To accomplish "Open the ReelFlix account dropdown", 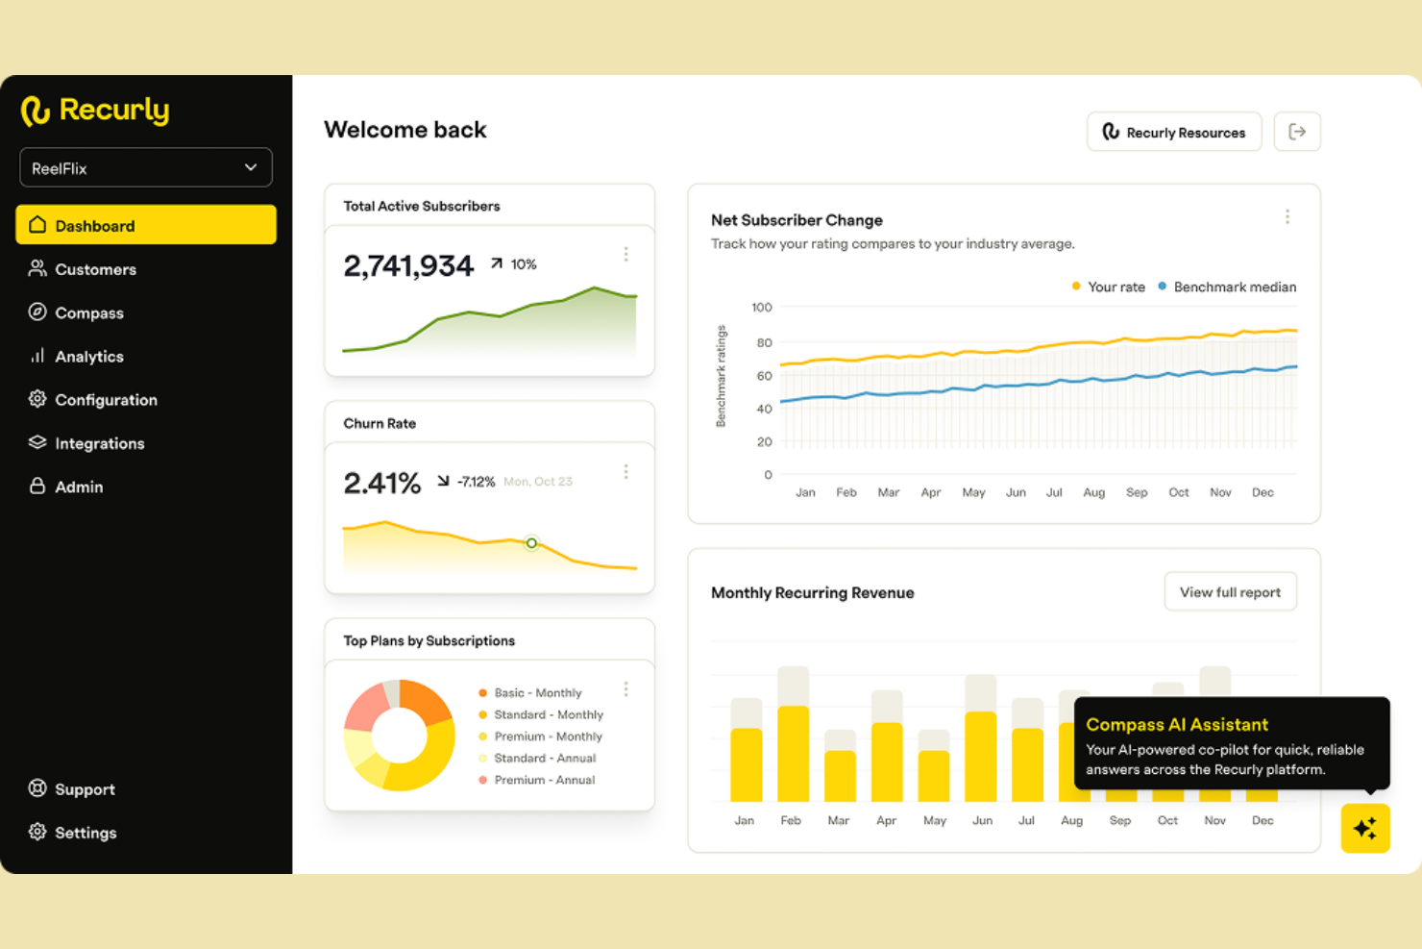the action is (146, 167).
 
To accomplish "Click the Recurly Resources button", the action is (1174, 132).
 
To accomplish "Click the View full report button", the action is (1230, 592).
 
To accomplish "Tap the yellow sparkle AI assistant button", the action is (1365, 828).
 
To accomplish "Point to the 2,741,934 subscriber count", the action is (408, 265).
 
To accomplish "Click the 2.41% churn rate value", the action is (382, 483).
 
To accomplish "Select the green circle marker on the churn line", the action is (531, 543).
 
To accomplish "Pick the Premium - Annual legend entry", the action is (537, 780).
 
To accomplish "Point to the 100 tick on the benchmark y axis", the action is (761, 308).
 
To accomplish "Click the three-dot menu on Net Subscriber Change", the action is (1287, 217).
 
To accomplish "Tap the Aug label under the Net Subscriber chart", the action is (1093, 492).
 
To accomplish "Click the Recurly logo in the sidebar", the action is (95, 111).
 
